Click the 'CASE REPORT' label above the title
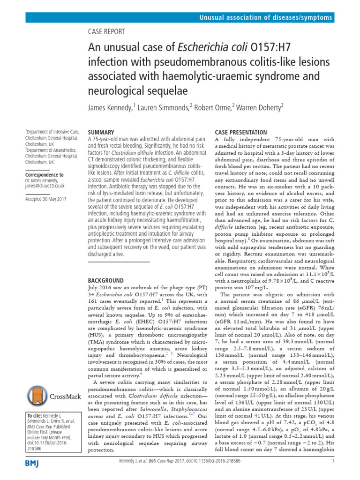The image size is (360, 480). coord(106,32)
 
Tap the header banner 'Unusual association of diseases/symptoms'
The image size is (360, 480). coord(266,18)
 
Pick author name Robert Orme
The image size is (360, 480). coord(211,108)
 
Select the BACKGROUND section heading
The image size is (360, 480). coord(106,280)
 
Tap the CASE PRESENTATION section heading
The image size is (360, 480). coord(240,133)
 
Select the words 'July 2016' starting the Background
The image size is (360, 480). coord(100,288)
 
